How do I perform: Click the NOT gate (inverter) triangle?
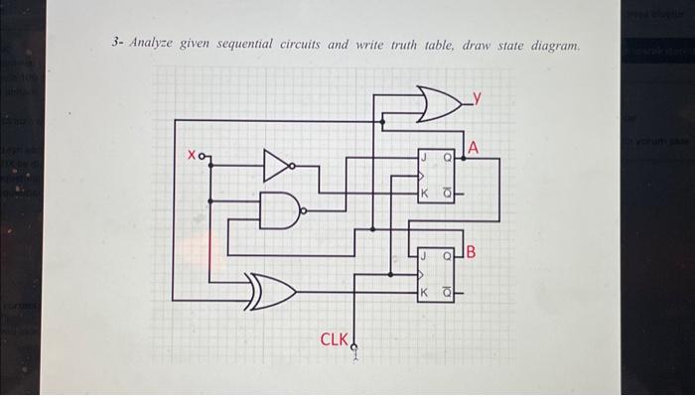pyautogui.click(x=278, y=166)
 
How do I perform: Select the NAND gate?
pyautogui.click(x=281, y=209)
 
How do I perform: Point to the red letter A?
pyautogui.click(x=474, y=148)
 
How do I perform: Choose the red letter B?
pyautogui.click(x=471, y=252)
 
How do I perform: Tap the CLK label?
pyautogui.click(x=333, y=340)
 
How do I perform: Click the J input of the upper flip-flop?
pyautogui.click(x=423, y=157)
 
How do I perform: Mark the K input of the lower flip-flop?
pyautogui.click(x=423, y=292)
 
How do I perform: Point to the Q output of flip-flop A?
pyautogui.click(x=448, y=157)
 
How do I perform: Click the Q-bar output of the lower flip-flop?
pyautogui.click(x=448, y=292)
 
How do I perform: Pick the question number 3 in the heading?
pyautogui.click(x=115, y=45)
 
